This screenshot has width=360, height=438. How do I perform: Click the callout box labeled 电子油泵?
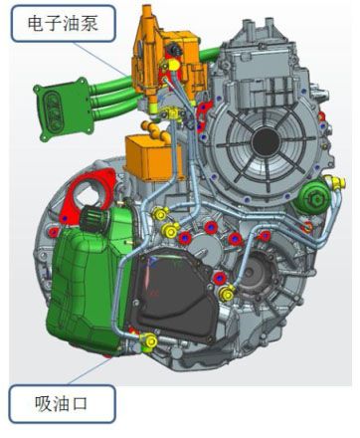[x=64, y=24]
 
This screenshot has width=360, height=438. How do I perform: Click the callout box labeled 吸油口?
[x=62, y=404]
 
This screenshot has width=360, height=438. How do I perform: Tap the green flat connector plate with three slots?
[x=63, y=109]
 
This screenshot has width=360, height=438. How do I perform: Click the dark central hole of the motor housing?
[x=266, y=141]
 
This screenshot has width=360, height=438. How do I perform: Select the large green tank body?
[x=88, y=286]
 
